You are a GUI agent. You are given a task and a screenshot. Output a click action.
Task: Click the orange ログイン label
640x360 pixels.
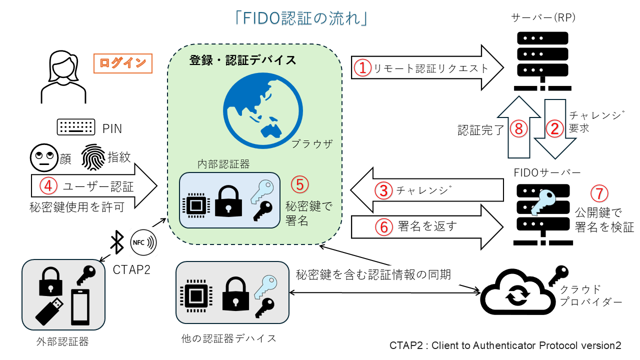click(x=123, y=63)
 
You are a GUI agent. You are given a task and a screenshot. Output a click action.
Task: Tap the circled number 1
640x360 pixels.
click(x=361, y=68)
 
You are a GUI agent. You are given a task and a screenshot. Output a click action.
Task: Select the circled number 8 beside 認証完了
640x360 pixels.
click(x=518, y=129)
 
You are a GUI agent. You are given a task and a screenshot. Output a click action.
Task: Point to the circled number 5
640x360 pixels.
click(x=299, y=184)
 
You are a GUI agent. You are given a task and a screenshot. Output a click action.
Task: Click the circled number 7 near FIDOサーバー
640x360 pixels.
click(x=599, y=193)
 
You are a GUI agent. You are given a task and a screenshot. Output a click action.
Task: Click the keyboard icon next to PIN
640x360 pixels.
click(x=76, y=127)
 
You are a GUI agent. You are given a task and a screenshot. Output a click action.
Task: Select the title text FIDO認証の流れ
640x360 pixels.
click(x=302, y=18)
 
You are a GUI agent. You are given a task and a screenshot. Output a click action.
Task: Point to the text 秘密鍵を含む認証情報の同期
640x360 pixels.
click(x=373, y=274)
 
